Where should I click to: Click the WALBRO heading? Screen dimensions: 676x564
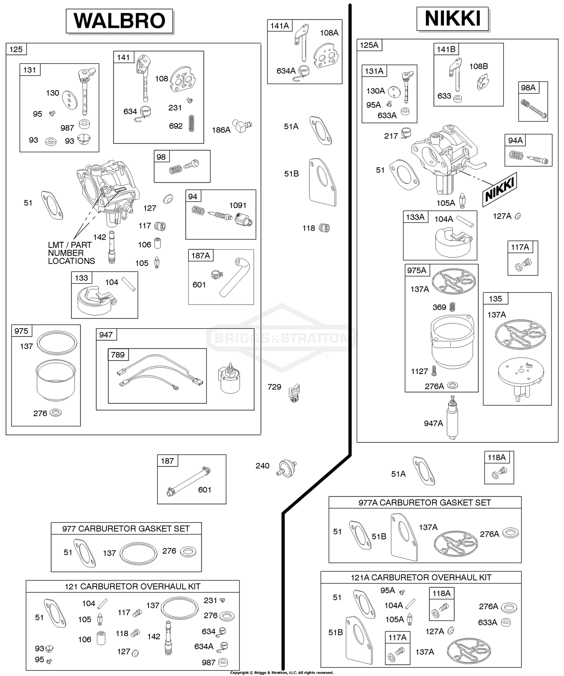[120, 21]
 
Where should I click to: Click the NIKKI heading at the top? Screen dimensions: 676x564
[452, 19]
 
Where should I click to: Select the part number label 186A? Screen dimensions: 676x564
[221, 130]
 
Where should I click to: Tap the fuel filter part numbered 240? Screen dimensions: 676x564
[288, 468]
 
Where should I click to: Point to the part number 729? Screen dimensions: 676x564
[274, 387]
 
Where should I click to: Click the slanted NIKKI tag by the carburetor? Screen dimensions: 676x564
[500, 190]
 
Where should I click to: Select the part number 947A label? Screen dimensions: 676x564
[433, 423]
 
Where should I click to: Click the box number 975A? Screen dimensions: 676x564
[417, 270]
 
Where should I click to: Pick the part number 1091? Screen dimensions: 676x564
[238, 205]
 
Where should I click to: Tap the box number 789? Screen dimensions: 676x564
[118, 355]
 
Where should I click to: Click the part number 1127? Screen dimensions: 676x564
[419, 371]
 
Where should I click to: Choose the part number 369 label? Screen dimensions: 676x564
[439, 307]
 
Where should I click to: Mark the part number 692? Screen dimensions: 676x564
[176, 126]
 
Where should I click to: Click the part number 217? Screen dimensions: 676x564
[391, 136]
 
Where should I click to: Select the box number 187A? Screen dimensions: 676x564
[200, 256]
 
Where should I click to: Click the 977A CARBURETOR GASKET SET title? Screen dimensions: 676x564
[425, 502]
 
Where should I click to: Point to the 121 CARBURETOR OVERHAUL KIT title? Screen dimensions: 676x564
[132, 586]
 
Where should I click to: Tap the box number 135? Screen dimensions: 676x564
[495, 299]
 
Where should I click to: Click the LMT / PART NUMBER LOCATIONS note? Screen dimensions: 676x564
[71, 253]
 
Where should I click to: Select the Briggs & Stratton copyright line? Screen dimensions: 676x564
[282, 673]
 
